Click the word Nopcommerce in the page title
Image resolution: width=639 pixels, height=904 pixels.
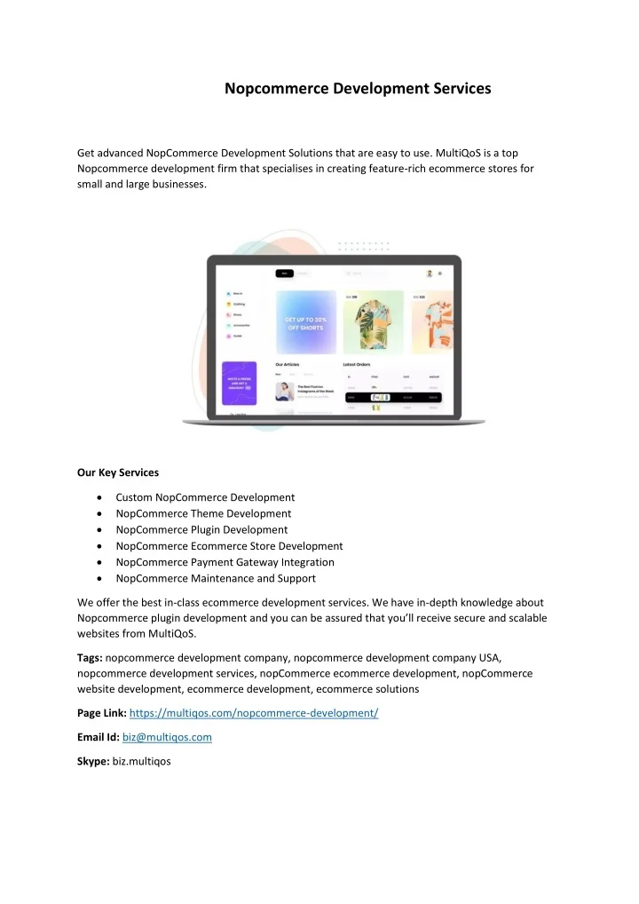click(268, 89)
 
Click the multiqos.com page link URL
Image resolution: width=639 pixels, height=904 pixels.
click(254, 713)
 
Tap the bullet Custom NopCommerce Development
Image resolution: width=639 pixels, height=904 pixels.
click(205, 497)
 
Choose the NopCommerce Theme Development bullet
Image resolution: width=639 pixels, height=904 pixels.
click(203, 513)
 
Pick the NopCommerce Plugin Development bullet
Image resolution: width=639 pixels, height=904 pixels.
click(201, 530)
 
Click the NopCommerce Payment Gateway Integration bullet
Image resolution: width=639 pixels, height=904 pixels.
click(225, 562)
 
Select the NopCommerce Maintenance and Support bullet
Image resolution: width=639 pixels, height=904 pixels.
click(216, 578)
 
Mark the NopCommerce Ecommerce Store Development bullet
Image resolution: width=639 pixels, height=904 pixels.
click(229, 546)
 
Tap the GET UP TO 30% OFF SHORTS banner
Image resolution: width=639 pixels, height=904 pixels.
click(306, 322)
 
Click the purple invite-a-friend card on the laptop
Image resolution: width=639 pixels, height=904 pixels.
click(239, 384)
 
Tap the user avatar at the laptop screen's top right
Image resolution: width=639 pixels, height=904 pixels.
click(429, 274)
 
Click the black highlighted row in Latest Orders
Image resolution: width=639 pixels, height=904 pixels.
click(391, 398)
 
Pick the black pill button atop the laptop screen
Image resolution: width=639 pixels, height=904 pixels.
click(284, 274)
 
